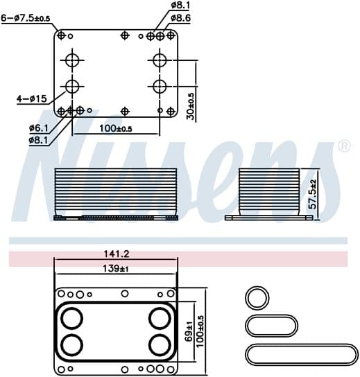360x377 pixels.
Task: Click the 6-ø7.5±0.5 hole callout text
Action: pos(26,18)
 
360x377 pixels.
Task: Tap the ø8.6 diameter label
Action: pos(181,18)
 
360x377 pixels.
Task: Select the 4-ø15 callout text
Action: pos(31,98)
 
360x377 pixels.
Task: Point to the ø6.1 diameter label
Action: pos(39,128)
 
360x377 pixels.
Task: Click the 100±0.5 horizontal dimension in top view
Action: pos(116,129)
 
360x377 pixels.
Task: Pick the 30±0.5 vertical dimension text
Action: pos(191,106)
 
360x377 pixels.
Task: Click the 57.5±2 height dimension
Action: pos(313,194)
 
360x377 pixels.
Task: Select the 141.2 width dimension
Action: pos(117,254)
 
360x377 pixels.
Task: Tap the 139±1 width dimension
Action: pos(116,268)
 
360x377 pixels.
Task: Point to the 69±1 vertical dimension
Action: pos(189,331)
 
